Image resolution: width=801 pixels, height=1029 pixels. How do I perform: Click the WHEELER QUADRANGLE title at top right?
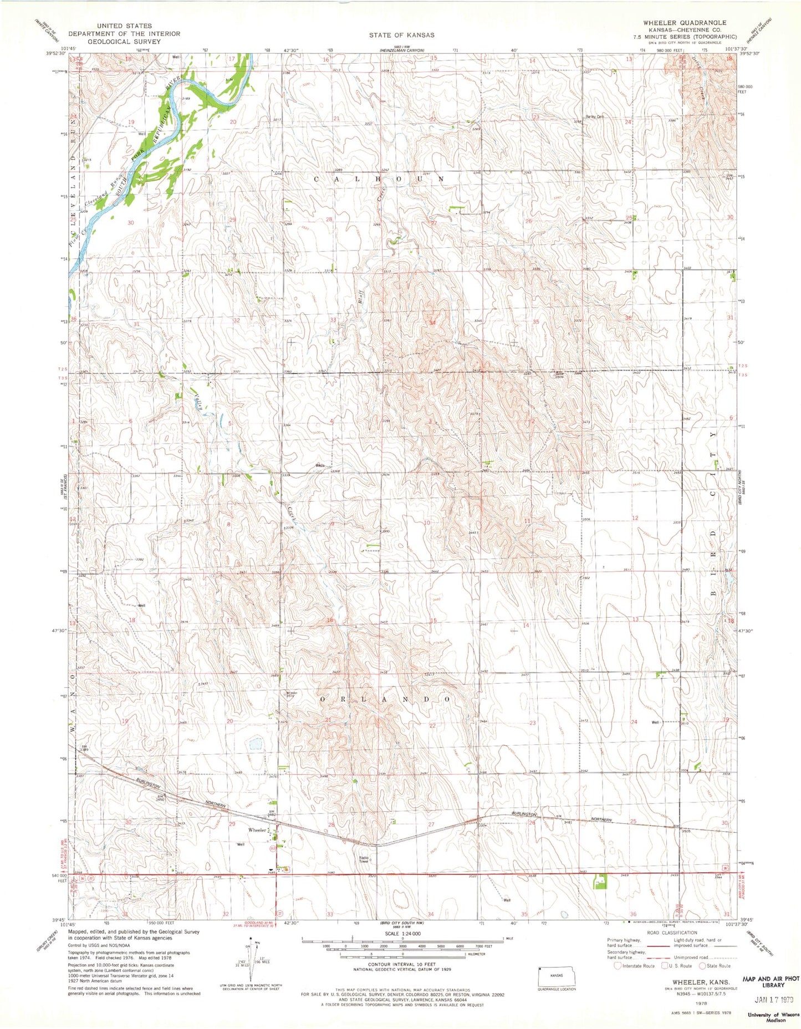pos(684,23)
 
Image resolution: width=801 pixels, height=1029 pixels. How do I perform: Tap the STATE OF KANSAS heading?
pos(402,35)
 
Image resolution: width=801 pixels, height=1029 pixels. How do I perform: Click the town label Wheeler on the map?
pos(257,830)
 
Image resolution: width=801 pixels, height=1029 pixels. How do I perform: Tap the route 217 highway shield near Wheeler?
pos(273,848)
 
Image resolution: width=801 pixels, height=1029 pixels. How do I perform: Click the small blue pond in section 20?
pos(256,743)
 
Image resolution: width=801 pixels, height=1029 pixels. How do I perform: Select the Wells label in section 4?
pos(320,465)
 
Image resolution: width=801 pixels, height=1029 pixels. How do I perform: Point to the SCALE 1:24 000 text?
pos(401,932)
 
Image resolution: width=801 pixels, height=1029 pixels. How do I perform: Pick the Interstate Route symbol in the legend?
pos(618,965)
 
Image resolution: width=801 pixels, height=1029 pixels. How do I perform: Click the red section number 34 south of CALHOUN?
pos(432,322)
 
